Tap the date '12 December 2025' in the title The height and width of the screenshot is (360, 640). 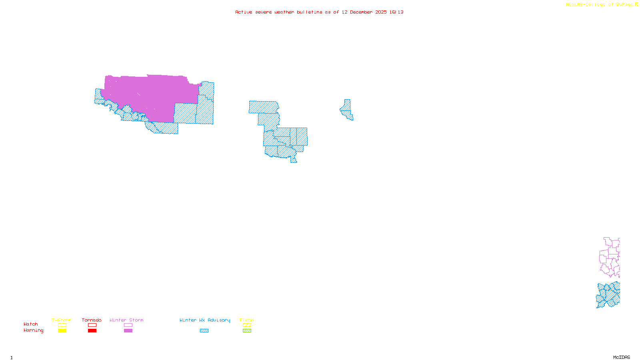[x=364, y=12]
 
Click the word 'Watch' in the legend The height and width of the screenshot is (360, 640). [x=31, y=324]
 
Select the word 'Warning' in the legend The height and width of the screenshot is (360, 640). [x=33, y=330]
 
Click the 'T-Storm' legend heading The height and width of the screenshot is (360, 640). [x=62, y=320]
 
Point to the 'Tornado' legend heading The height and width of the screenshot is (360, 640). [x=92, y=320]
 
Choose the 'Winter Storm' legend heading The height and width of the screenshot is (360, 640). [x=126, y=320]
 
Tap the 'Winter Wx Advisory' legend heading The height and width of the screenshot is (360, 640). [x=205, y=320]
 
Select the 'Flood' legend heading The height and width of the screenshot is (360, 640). [x=247, y=320]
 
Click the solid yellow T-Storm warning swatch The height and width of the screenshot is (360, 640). [x=62, y=331]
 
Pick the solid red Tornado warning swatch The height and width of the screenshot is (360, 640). [x=92, y=331]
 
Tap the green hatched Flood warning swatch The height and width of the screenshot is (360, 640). [x=247, y=331]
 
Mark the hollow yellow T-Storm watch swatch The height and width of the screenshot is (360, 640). [x=62, y=325]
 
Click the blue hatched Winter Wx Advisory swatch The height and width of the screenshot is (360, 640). [x=204, y=331]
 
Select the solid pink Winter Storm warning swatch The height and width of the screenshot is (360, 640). [x=128, y=331]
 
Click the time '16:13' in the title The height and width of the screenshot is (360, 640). [x=396, y=12]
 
